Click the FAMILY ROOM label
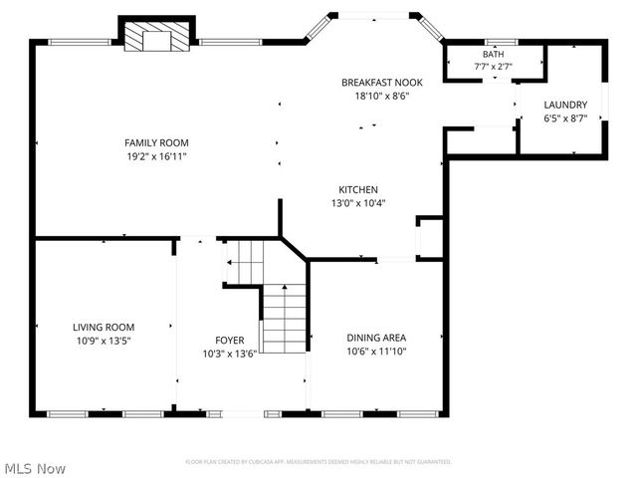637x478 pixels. click(156, 142)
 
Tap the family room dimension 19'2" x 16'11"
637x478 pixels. click(156, 156)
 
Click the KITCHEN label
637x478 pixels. click(358, 189)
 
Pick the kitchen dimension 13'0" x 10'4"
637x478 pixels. click(358, 203)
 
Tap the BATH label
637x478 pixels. click(493, 54)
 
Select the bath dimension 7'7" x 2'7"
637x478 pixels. click(493, 66)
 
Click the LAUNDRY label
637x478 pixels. click(564, 105)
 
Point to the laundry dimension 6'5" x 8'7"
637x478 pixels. click(564, 118)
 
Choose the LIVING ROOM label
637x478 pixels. click(103, 327)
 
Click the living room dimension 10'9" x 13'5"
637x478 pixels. click(103, 340)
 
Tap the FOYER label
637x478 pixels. click(229, 340)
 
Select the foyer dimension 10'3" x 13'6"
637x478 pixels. click(229, 353)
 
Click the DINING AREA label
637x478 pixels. click(376, 337)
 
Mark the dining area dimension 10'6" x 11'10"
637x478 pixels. click(376, 351)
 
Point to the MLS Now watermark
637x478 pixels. click(35, 468)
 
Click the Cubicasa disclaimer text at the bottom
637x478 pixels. click(318, 462)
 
